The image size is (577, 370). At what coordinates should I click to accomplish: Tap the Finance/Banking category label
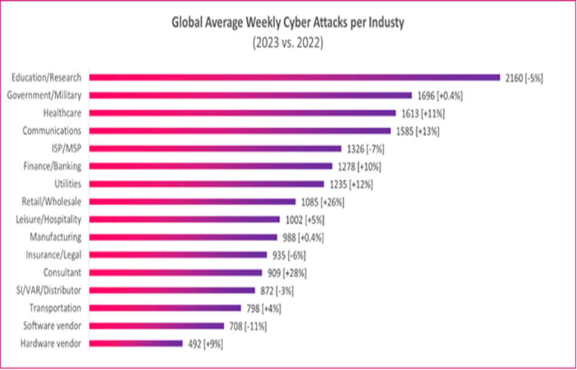52,166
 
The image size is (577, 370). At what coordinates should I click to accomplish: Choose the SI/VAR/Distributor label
52,290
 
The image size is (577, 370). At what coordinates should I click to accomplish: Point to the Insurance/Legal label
54,255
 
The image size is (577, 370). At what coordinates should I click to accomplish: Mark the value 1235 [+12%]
350,183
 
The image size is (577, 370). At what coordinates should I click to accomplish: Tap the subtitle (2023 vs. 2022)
288,43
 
